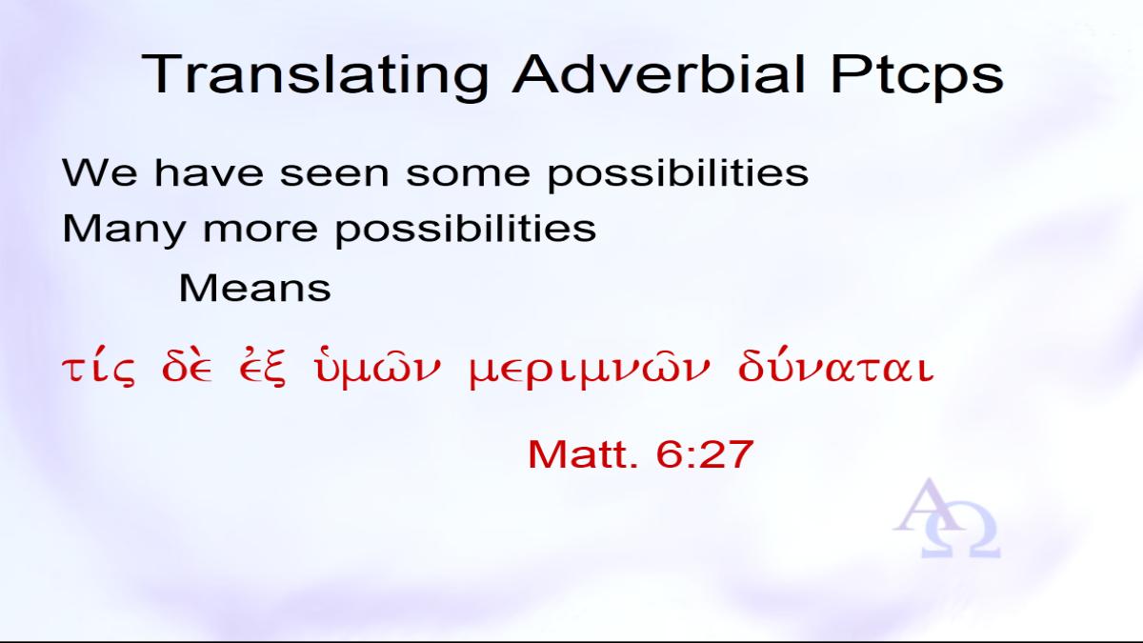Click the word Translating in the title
coord(315,75)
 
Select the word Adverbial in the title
coord(659,74)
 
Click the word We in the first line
coord(99,173)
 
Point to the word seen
coord(334,174)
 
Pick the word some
coord(468,174)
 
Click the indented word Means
coord(254,288)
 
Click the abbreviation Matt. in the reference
coord(583,453)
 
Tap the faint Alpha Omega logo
coord(947,518)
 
